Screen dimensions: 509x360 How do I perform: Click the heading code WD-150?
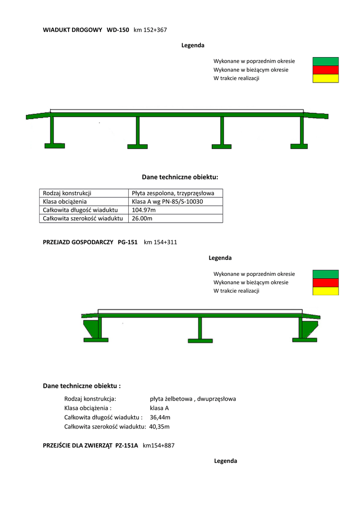[x=118, y=30]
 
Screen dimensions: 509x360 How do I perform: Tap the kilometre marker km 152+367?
[x=150, y=30]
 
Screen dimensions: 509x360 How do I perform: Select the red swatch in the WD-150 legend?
[x=325, y=70]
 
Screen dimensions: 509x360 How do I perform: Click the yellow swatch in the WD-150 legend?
[x=325, y=78]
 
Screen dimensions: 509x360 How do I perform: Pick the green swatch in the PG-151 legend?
[x=325, y=274]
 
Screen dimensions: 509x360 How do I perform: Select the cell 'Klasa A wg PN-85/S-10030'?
[x=168, y=201]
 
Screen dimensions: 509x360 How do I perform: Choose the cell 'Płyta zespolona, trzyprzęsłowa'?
[x=173, y=193]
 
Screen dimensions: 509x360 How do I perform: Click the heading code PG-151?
[x=127, y=243]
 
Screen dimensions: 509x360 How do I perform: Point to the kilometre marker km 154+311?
[x=160, y=243]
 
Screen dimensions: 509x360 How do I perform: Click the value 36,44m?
[x=160, y=417]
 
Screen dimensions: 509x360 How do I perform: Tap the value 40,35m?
[x=160, y=426]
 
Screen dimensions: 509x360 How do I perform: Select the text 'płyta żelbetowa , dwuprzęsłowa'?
[x=192, y=399]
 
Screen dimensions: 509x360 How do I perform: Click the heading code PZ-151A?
[x=126, y=446]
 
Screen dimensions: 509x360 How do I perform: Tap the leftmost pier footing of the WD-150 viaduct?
[x=54, y=146]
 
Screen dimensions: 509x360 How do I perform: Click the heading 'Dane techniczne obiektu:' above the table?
[x=180, y=176]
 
